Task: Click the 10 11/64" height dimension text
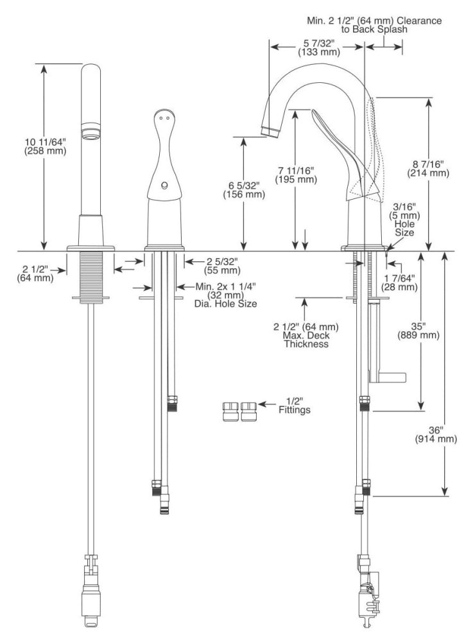point(45,142)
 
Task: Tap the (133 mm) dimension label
point(319,52)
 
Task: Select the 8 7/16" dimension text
point(428,164)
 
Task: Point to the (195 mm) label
point(296,179)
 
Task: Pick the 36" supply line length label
point(436,430)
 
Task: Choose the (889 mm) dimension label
point(418,335)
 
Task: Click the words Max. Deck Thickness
point(306,340)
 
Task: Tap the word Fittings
point(295,410)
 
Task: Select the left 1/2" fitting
point(231,412)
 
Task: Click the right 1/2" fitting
point(249,412)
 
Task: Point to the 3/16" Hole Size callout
point(404,220)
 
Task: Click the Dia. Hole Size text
point(225,304)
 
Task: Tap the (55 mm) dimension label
point(222,271)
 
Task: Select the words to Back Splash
point(374,30)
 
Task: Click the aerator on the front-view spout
point(91,132)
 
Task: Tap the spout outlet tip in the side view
point(270,132)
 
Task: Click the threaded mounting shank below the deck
point(91,277)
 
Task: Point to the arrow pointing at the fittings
point(267,404)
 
